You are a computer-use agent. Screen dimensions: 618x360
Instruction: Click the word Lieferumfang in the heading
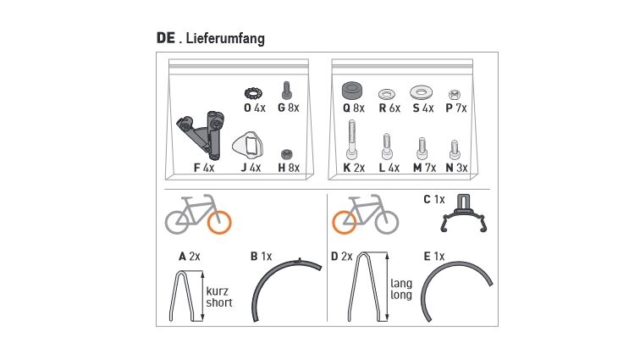point(225,39)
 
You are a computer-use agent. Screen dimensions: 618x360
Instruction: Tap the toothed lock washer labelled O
point(253,93)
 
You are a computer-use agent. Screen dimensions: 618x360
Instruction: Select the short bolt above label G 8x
point(287,91)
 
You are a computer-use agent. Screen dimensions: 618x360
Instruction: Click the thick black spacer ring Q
point(353,91)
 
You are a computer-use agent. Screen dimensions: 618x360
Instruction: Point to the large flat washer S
point(421,92)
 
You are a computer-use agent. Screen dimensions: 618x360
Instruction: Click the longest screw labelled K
point(352,140)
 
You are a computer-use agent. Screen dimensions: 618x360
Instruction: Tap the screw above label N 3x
point(455,150)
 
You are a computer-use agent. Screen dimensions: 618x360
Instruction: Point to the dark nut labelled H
point(286,154)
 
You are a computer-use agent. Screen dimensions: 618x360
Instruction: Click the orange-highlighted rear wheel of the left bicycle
point(219,222)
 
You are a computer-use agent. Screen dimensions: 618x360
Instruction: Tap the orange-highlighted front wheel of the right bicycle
point(344,222)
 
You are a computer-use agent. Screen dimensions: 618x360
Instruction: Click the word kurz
point(218,291)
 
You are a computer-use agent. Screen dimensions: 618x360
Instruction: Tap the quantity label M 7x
point(424,168)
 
